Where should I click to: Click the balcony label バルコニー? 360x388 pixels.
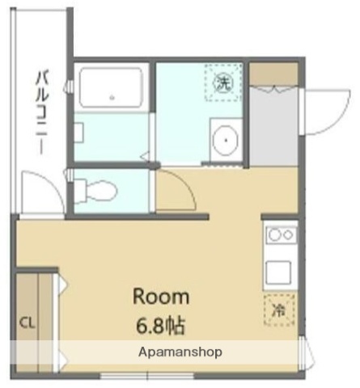(x=40, y=114)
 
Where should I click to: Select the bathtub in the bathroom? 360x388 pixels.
(x=111, y=88)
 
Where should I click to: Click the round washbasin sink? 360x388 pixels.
(x=224, y=141)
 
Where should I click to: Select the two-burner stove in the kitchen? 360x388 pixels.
(x=280, y=235)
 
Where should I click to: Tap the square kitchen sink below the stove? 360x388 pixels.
(x=279, y=272)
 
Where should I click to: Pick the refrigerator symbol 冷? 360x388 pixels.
(x=279, y=308)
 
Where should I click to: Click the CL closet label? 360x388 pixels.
(x=28, y=323)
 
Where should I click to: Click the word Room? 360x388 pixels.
(x=160, y=296)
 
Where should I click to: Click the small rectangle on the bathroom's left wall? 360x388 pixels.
(x=78, y=129)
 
